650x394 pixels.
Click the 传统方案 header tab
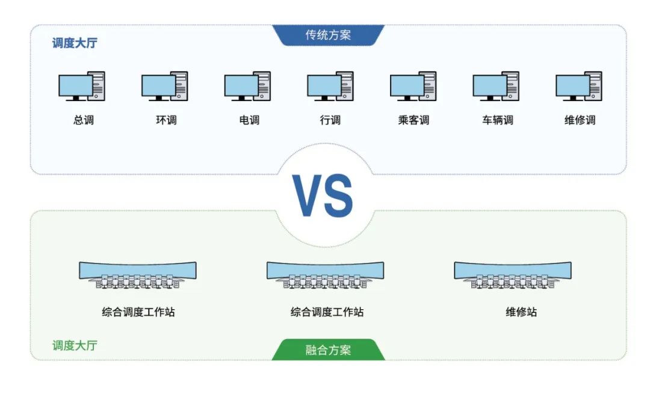pos(328,35)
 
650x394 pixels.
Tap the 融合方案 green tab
pos(328,350)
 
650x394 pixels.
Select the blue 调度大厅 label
pos(74,43)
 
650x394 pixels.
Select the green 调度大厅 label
pos(74,345)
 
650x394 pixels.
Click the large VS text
pos(324,196)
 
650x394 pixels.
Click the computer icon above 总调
pos(81,87)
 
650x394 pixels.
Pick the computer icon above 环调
pos(164,87)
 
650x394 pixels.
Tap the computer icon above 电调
pos(247,87)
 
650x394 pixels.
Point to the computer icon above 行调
pos(330,87)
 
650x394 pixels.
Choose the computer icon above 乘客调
pos(413,87)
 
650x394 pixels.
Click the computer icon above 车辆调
pos(496,87)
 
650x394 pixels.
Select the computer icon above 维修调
pos(578,87)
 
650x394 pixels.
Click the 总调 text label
pos(84,120)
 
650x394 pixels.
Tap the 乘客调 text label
pos(413,120)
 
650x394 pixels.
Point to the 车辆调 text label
pos(497,120)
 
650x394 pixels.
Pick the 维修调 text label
pos(580,120)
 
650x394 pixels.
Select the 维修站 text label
pos(521,312)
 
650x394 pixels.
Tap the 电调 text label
pos(249,120)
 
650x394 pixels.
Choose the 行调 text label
pos(330,120)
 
